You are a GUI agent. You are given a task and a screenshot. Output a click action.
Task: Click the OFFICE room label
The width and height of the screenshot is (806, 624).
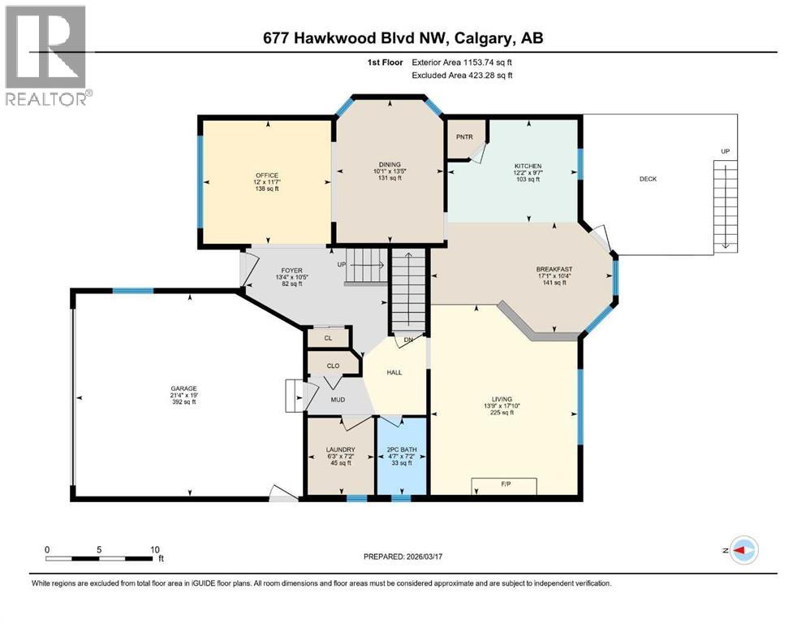pos(267,175)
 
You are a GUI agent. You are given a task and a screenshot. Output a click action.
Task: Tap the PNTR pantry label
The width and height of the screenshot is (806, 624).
pos(464,136)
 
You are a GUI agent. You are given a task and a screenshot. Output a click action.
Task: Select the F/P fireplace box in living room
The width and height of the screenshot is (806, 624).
pos(504,486)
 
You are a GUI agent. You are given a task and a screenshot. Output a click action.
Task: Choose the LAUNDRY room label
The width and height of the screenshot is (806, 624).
pos(340,449)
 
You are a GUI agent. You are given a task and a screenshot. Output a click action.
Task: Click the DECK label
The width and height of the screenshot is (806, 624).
pos(647,179)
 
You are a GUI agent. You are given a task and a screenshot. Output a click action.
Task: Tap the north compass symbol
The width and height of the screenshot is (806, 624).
pos(744,550)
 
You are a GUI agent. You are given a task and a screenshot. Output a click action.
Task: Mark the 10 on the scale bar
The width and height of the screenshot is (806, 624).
pos(153,549)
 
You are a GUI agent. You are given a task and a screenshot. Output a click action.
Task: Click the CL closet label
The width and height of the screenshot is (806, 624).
pos(328,337)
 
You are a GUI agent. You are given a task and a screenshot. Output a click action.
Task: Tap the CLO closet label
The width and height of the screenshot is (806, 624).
pos(333,366)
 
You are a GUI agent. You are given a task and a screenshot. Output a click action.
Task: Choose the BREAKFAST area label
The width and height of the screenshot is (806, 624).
pos(554,269)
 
